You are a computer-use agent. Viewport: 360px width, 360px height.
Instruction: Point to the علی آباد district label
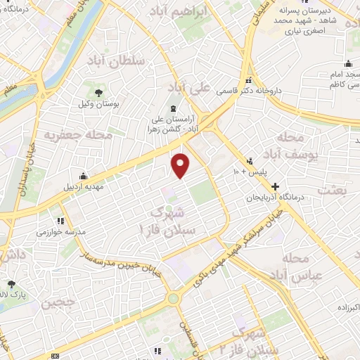(190, 88)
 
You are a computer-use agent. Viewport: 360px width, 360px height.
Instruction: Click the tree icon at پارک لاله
(10, 284)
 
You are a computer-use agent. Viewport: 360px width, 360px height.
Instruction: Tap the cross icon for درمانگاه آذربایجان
(275, 187)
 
